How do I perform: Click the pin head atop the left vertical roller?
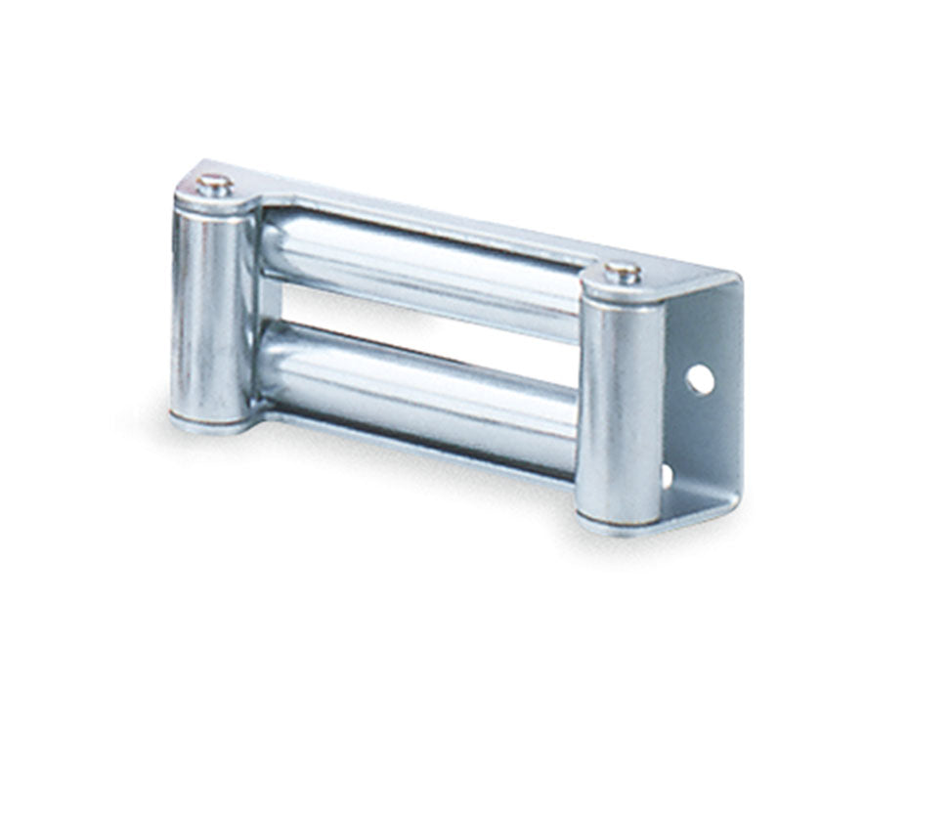coord(213,183)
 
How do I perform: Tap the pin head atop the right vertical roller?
coord(622,271)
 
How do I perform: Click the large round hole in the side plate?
coord(699,379)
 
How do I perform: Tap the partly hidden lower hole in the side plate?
coord(668,476)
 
